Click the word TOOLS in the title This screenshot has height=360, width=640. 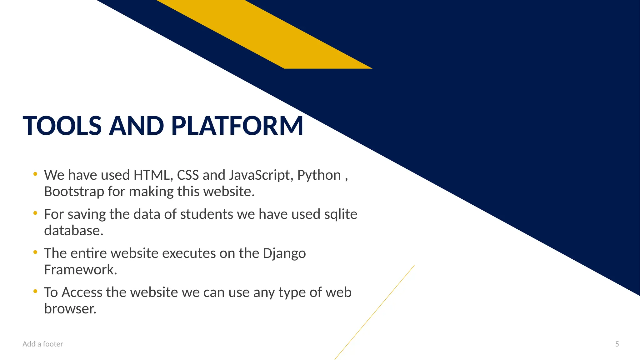(x=62, y=126)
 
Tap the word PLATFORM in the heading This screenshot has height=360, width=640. (x=237, y=126)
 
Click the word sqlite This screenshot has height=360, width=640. (x=341, y=215)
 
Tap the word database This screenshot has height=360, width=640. (x=73, y=231)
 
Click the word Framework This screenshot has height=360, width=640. (x=80, y=270)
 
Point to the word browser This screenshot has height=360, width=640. (x=70, y=309)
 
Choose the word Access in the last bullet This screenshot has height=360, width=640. (x=82, y=292)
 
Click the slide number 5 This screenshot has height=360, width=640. (x=617, y=344)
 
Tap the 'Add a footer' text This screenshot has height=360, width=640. (x=43, y=344)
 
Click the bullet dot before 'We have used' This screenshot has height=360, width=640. (x=35, y=174)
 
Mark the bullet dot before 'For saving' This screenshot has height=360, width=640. (x=35, y=213)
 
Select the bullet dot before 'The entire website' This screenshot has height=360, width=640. (x=35, y=252)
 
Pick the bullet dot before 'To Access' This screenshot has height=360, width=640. (x=35, y=291)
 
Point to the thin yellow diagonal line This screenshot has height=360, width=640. (x=375, y=312)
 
